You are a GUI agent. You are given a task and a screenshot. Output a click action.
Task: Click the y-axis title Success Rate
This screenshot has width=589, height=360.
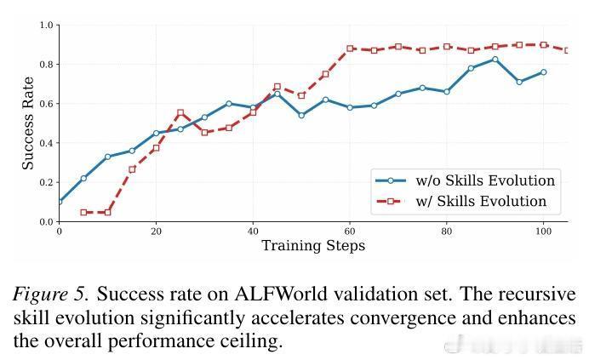click(x=28, y=123)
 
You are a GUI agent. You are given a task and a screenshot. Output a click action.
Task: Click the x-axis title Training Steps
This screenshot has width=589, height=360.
click(x=312, y=246)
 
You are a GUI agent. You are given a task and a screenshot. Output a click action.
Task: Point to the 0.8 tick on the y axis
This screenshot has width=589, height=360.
click(x=46, y=65)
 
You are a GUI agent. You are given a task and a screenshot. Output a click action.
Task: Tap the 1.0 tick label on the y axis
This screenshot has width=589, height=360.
click(x=46, y=26)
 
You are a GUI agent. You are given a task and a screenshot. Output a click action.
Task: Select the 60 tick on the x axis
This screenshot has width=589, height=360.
click(x=350, y=231)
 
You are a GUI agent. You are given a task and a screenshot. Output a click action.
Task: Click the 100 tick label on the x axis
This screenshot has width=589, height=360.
click(x=543, y=231)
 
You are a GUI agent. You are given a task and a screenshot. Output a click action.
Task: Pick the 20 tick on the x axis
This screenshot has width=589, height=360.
click(x=156, y=231)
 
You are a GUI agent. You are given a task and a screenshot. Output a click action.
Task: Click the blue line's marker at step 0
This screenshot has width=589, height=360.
click(x=59, y=202)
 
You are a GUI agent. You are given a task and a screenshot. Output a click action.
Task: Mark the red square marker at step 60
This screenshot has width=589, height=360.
click(x=350, y=49)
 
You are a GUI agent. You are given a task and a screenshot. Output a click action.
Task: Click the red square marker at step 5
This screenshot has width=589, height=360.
click(x=83, y=212)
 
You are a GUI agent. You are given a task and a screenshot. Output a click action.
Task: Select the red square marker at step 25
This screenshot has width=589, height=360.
click(x=180, y=112)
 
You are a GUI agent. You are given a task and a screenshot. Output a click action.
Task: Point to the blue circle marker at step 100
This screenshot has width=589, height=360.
click(x=543, y=72)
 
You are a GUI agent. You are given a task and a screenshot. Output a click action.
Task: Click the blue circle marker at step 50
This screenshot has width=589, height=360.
click(x=301, y=115)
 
